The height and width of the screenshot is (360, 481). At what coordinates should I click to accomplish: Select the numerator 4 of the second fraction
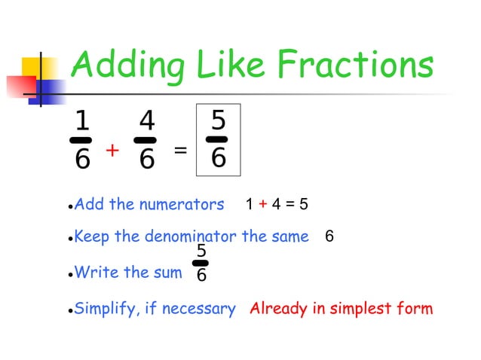pyautogui.click(x=147, y=121)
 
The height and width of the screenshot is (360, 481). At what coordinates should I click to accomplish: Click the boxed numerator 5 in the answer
pyautogui.click(x=218, y=120)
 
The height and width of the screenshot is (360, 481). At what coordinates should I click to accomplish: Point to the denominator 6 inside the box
pyautogui.click(x=218, y=158)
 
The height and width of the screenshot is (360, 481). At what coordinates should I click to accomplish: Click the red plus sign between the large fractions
pyautogui.click(x=112, y=151)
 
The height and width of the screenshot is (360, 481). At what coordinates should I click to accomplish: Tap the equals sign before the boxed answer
pyautogui.click(x=180, y=150)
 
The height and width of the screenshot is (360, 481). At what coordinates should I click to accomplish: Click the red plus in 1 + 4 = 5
pyautogui.click(x=262, y=204)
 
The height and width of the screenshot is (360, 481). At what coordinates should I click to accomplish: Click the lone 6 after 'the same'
pyautogui.click(x=329, y=236)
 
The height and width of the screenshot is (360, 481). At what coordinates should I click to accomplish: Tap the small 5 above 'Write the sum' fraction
pyautogui.click(x=202, y=251)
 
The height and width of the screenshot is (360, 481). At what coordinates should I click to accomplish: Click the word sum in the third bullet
pyautogui.click(x=167, y=272)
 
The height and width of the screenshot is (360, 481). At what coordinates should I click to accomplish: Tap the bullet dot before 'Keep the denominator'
pyautogui.click(x=69, y=238)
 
